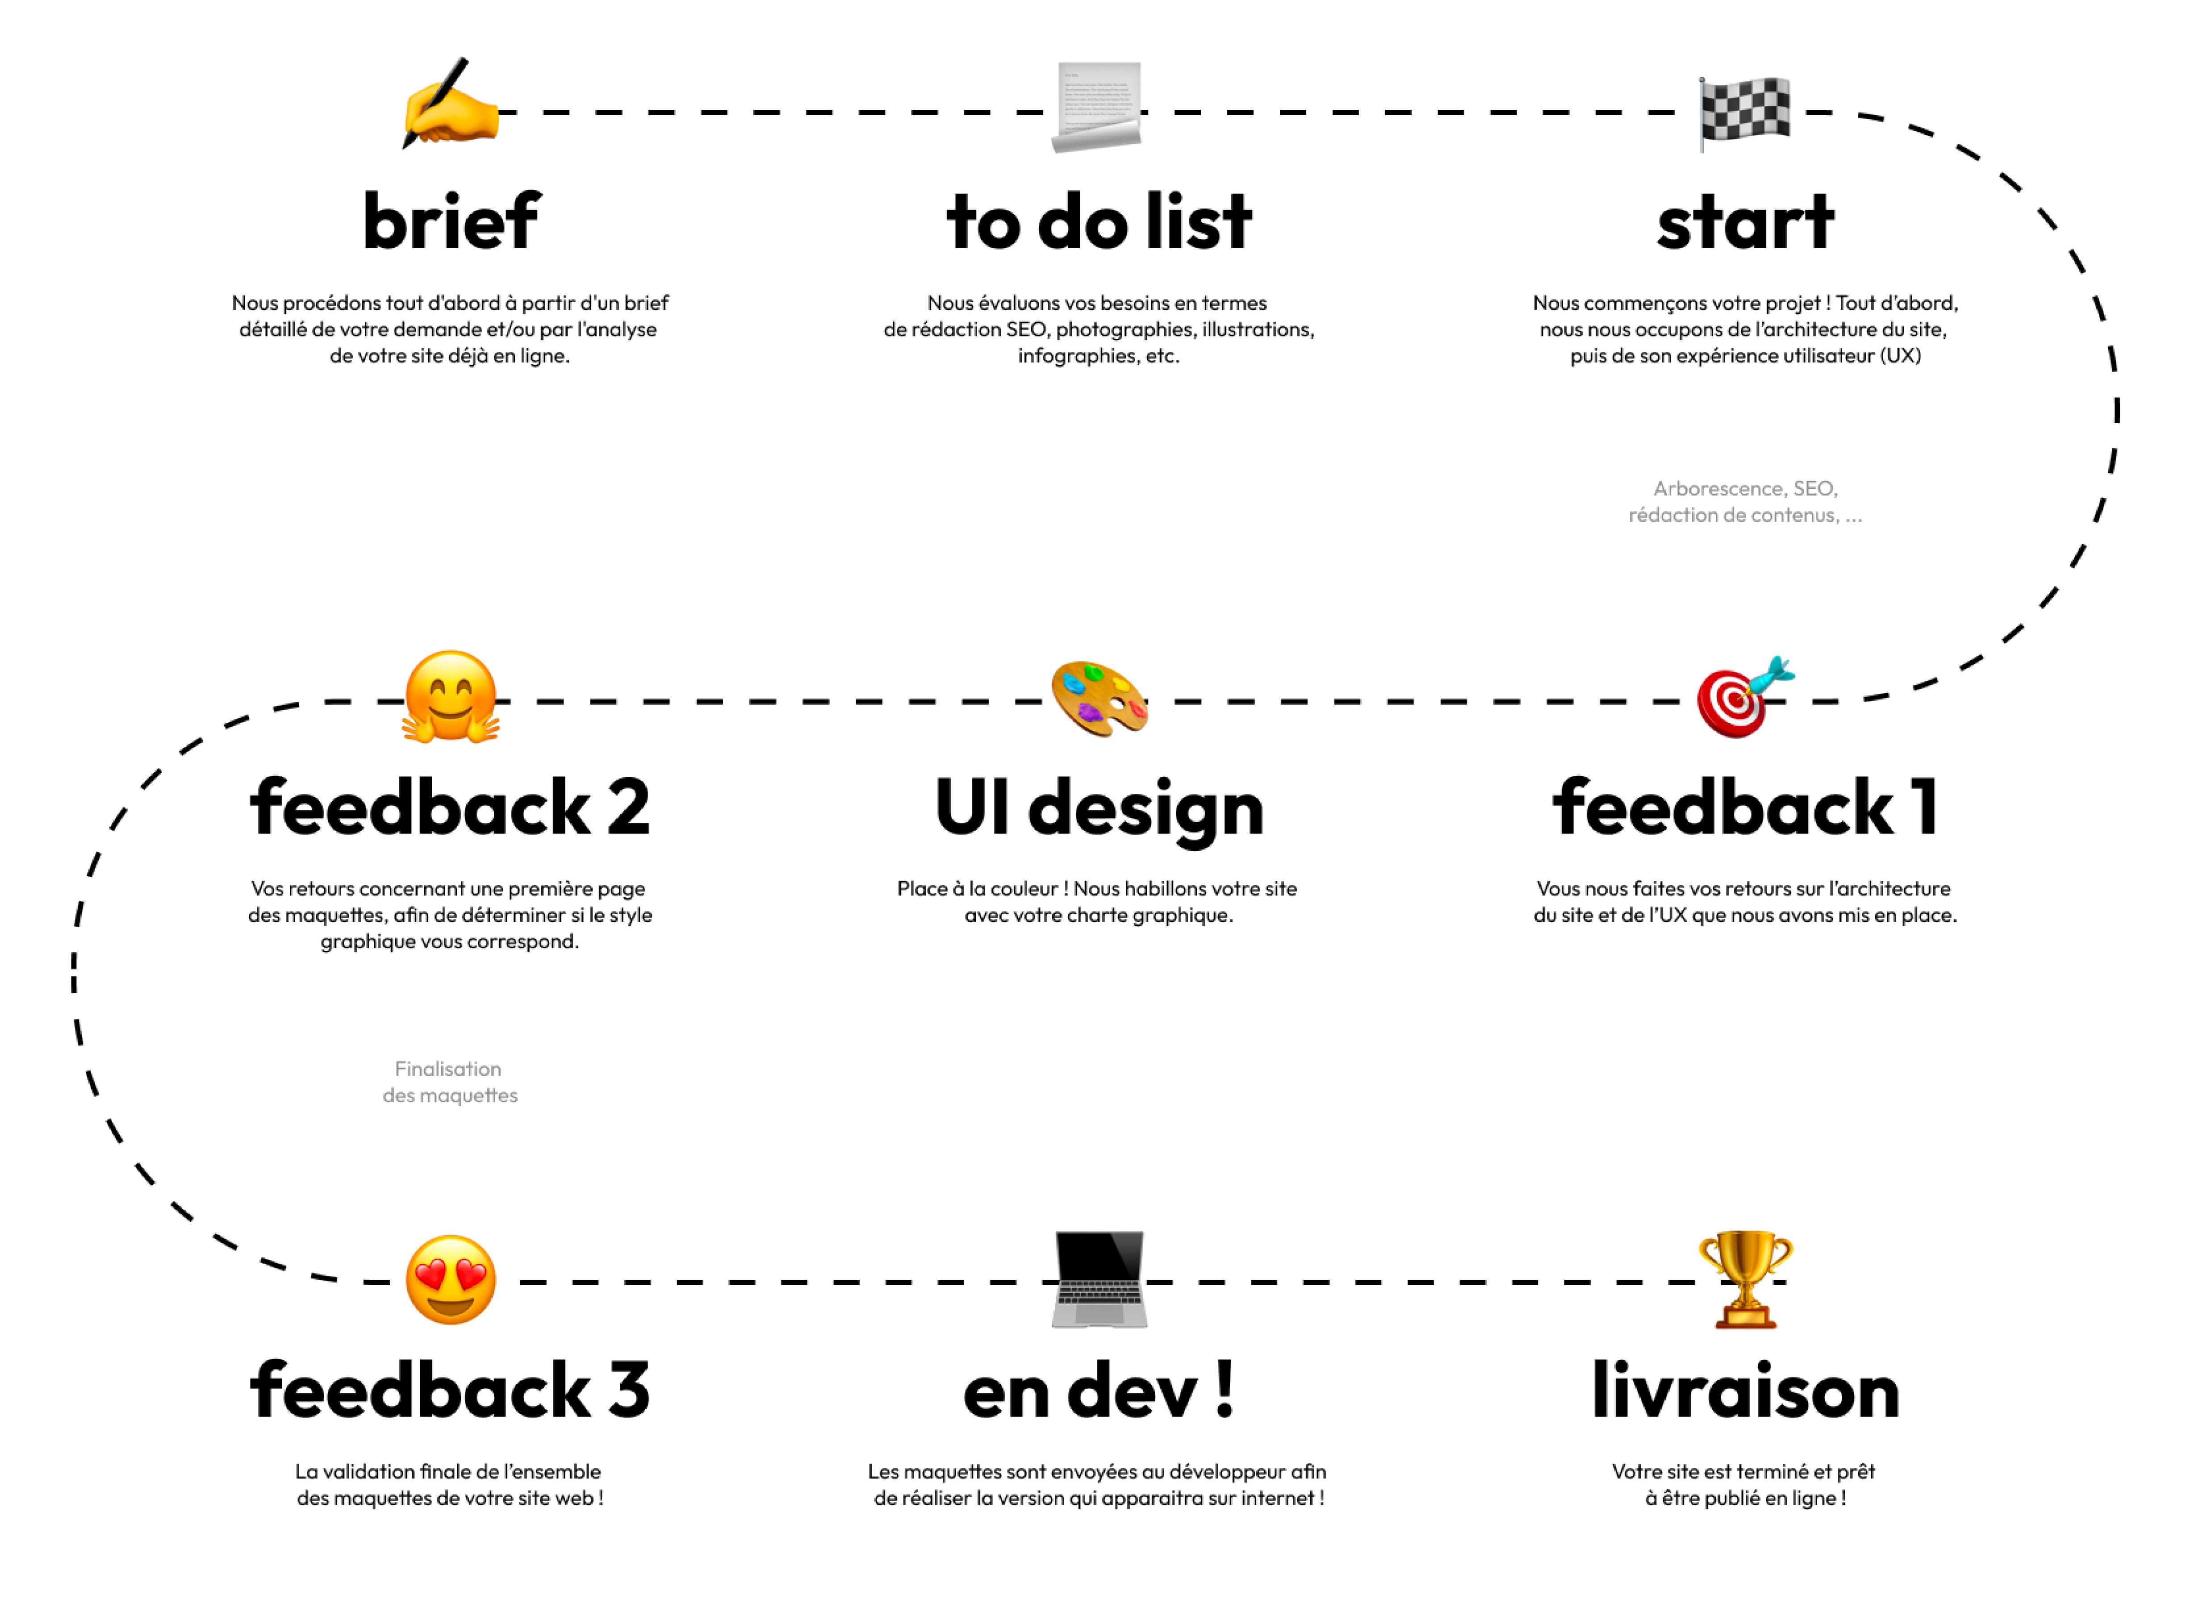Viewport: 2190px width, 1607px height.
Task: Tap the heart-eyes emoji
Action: coord(451,1280)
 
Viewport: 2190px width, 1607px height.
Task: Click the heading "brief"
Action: coord(451,222)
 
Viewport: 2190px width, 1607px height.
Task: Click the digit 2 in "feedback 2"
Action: coord(628,808)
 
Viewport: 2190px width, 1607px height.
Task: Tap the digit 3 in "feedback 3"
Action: coord(628,1391)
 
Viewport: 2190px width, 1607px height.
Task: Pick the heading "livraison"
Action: coord(1744,1391)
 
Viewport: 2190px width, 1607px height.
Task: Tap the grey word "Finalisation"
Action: coord(447,1069)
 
